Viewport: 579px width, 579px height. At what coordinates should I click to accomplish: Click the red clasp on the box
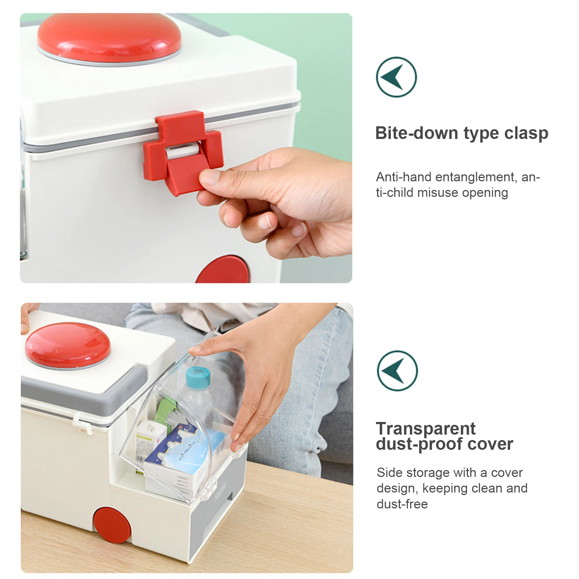183,152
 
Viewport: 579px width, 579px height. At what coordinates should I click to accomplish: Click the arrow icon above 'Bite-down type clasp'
396,77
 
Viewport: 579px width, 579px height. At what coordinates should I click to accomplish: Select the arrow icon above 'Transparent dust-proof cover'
397,371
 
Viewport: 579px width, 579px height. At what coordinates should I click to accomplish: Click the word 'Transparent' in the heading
426,429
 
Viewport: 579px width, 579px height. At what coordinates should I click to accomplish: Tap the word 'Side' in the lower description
389,473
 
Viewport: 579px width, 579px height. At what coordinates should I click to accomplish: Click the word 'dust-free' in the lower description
402,504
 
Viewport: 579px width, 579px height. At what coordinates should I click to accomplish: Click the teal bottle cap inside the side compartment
198,376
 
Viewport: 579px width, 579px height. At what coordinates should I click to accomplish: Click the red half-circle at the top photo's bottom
223,269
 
